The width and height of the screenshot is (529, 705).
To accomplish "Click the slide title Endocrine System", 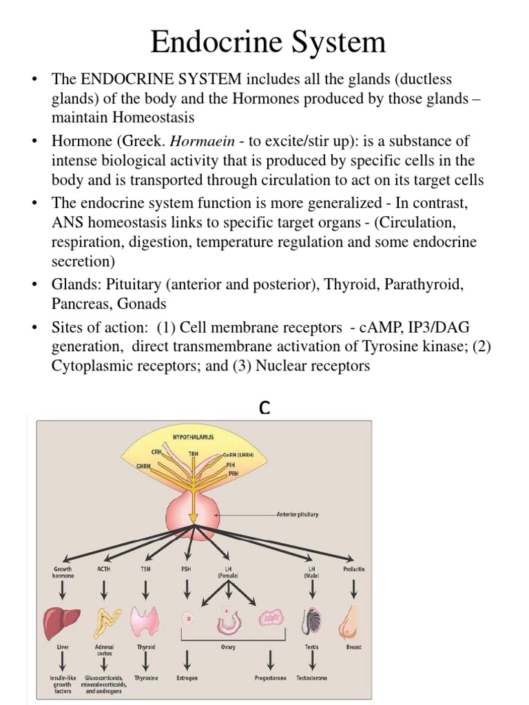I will click(268, 43).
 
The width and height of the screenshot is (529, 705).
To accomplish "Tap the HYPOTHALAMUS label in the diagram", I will click(194, 437).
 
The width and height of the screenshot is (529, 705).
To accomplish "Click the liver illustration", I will click(63, 622).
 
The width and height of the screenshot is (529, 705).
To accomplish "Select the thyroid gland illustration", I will click(145, 622).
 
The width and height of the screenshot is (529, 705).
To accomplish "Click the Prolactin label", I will click(354, 569).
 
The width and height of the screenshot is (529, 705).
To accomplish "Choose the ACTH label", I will click(104, 569).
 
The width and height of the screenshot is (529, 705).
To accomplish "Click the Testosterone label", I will click(312, 678).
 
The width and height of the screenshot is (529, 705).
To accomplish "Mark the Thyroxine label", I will click(145, 678).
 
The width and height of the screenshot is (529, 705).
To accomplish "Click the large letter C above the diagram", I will click(264, 408).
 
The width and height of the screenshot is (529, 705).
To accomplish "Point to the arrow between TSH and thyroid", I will click(145, 589).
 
